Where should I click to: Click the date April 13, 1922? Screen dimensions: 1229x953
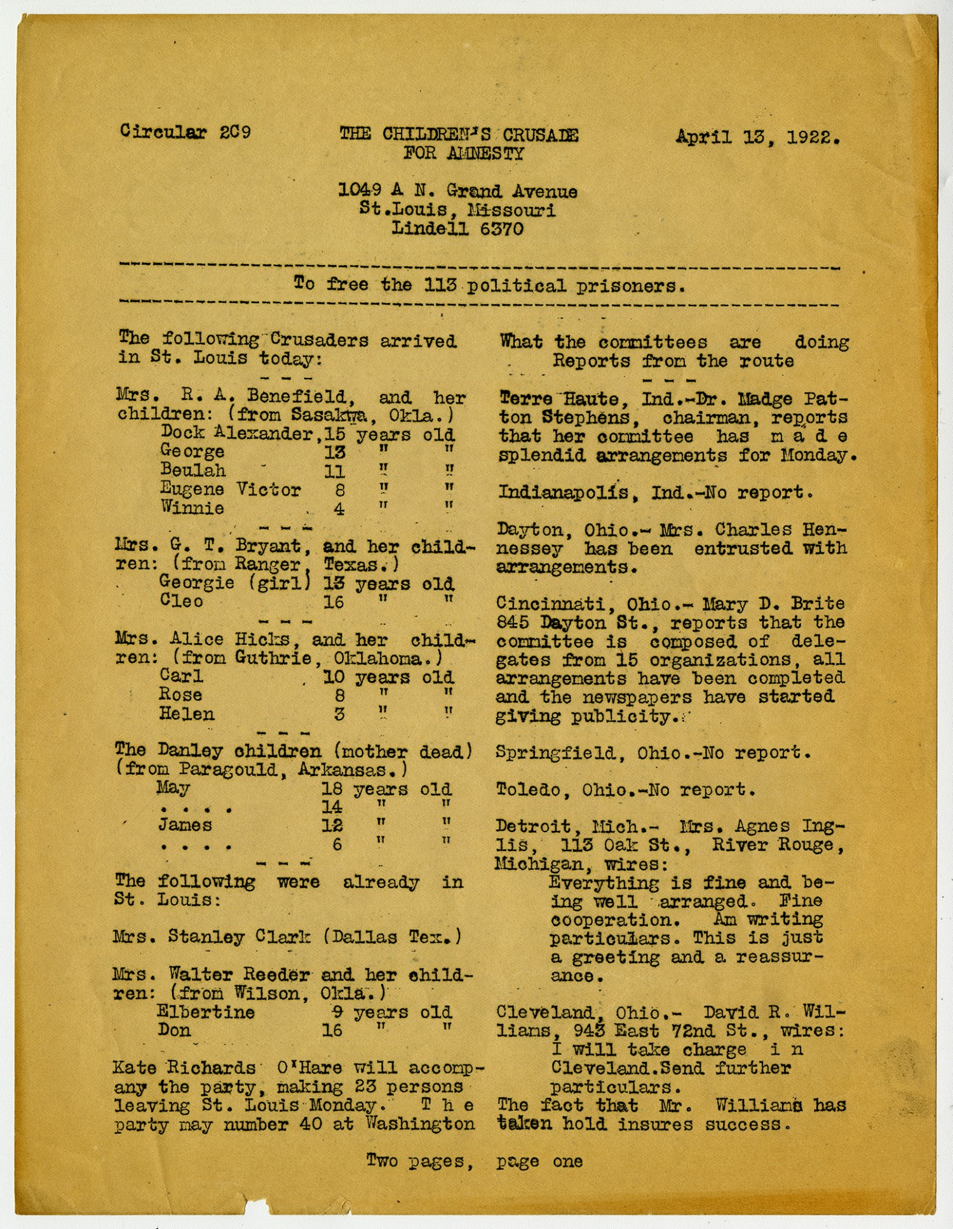[x=757, y=137]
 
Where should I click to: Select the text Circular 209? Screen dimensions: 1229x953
[x=185, y=132]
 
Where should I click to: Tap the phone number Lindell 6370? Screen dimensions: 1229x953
[x=457, y=229]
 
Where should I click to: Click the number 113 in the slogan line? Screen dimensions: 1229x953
[x=440, y=285]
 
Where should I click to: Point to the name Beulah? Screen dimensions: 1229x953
[x=193, y=471]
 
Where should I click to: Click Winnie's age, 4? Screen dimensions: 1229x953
[x=339, y=509]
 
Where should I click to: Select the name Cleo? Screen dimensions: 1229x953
[x=181, y=601]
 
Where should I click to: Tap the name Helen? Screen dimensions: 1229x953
[x=186, y=714]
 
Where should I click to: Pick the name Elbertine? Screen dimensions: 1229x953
[x=205, y=1012]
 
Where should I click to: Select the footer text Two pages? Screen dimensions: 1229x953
[x=420, y=1161]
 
